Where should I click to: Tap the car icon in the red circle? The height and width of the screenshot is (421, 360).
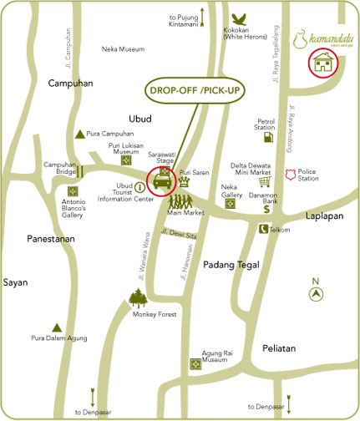[x=161, y=180]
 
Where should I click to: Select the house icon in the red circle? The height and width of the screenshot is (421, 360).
[x=322, y=62]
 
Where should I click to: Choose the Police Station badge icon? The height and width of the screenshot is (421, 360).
[x=291, y=175]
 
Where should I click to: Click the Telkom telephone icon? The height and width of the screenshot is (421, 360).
[x=262, y=229]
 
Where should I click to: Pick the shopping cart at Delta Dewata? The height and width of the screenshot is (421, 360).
[x=266, y=180]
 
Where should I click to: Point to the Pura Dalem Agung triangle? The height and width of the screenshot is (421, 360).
[x=57, y=327]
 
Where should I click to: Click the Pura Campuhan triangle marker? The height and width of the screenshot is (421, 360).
[x=80, y=134]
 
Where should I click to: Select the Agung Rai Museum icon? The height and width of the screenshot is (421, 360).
[x=197, y=364]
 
